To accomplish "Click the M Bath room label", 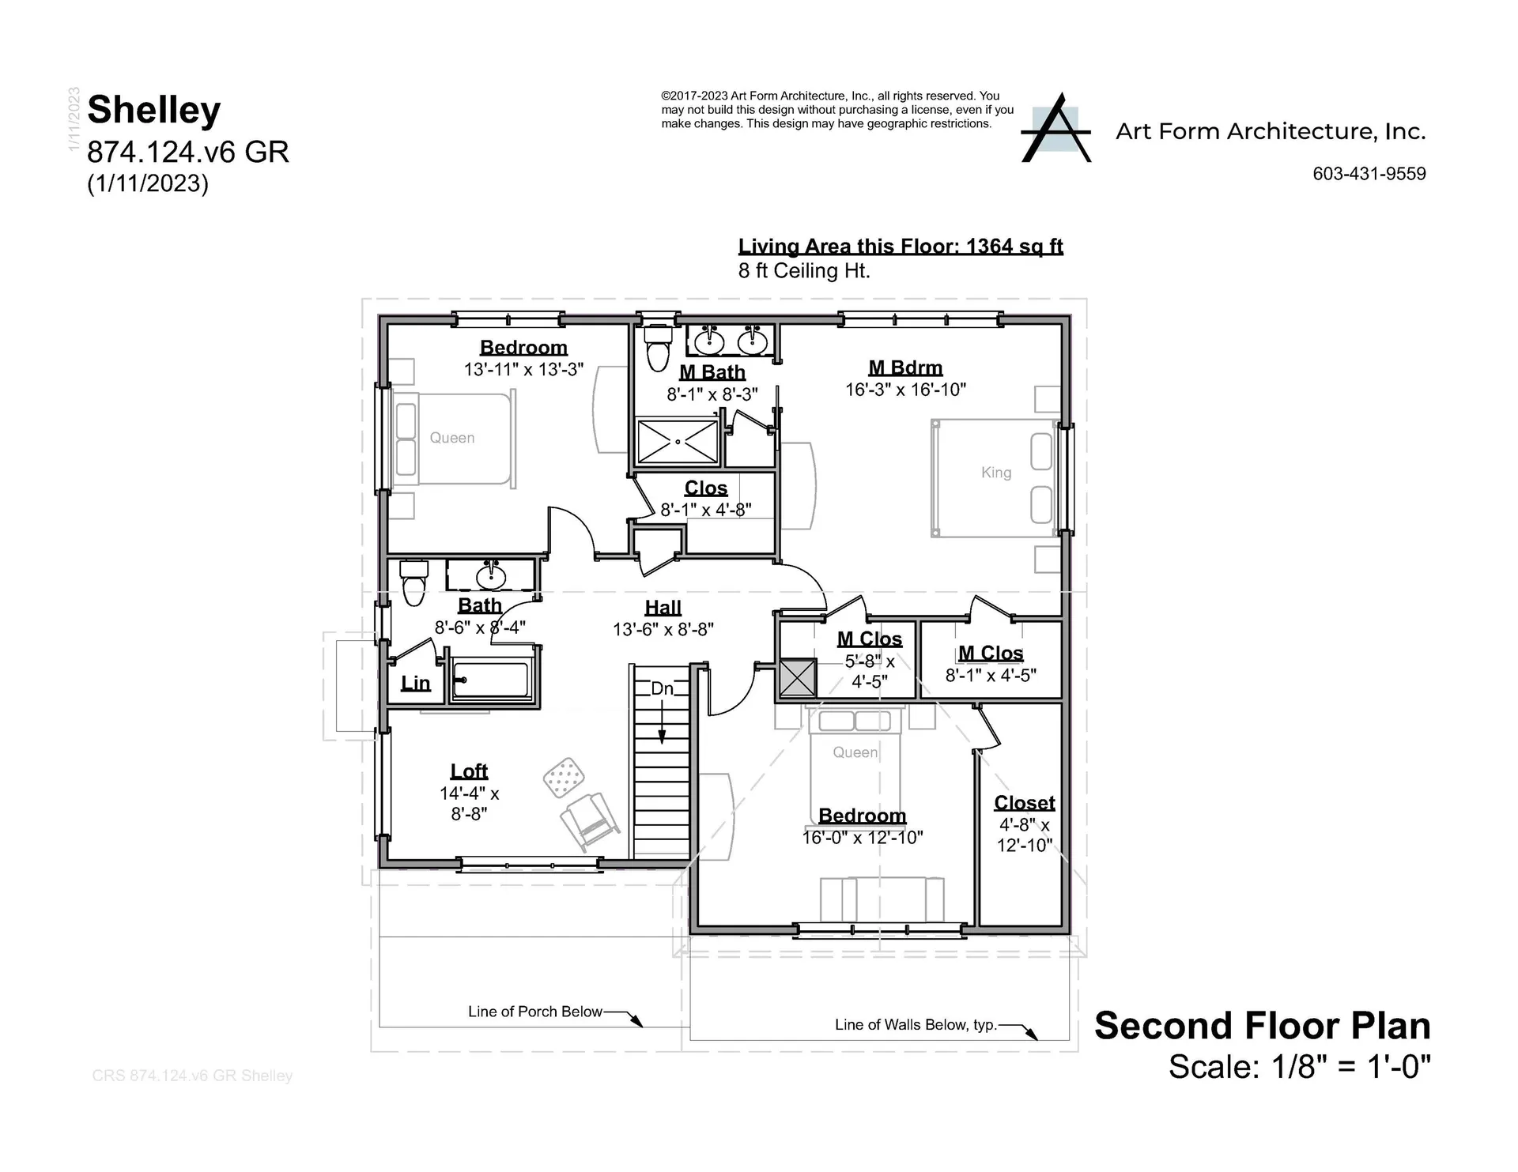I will pyautogui.click(x=712, y=371).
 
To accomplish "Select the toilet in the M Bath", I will pyautogui.click(x=658, y=347).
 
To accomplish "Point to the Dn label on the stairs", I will pyautogui.click(x=662, y=688).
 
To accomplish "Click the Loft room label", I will pyautogui.click(x=469, y=771).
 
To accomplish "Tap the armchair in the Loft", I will pyautogui.click(x=589, y=822).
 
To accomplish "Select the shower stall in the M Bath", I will pyautogui.click(x=678, y=441).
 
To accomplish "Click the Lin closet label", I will pyautogui.click(x=415, y=683).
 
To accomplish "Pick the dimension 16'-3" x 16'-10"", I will pyautogui.click(x=905, y=390).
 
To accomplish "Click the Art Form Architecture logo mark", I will pyautogui.click(x=1055, y=130).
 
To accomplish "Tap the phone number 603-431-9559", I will pyautogui.click(x=1369, y=174).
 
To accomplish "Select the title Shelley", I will pyautogui.click(x=154, y=109).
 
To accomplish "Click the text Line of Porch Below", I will pyautogui.click(x=534, y=1012).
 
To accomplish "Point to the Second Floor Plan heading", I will pyautogui.click(x=1262, y=1026).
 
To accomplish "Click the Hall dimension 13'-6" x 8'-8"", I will pyautogui.click(x=663, y=629).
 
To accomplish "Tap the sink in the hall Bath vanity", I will pyautogui.click(x=491, y=576).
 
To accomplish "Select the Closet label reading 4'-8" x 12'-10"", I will pyautogui.click(x=1024, y=835).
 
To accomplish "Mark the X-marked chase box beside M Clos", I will pyautogui.click(x=797, y=678).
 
